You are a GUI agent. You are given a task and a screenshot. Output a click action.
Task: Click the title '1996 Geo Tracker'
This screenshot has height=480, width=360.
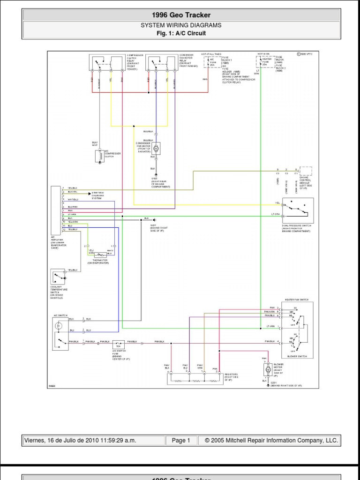pos(180,15)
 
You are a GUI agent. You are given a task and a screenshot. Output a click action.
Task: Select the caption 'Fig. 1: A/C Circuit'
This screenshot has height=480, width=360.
pos(180,33)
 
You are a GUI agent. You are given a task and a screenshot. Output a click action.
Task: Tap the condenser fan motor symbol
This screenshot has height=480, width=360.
pos(157,148)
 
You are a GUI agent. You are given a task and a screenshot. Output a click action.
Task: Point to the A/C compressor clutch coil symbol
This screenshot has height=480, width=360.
pos(99,157)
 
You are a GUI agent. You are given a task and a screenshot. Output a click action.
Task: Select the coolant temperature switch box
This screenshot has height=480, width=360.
pos(59,277)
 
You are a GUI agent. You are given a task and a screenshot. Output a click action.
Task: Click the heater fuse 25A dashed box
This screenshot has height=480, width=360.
pos(265,61)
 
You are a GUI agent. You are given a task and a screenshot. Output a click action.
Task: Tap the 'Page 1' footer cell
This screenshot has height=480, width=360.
pos(181,441)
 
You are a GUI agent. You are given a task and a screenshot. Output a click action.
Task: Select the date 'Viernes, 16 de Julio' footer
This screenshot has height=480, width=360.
pos(94,441)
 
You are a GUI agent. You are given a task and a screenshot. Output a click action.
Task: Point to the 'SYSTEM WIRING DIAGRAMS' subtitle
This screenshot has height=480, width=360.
pos(180,25)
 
